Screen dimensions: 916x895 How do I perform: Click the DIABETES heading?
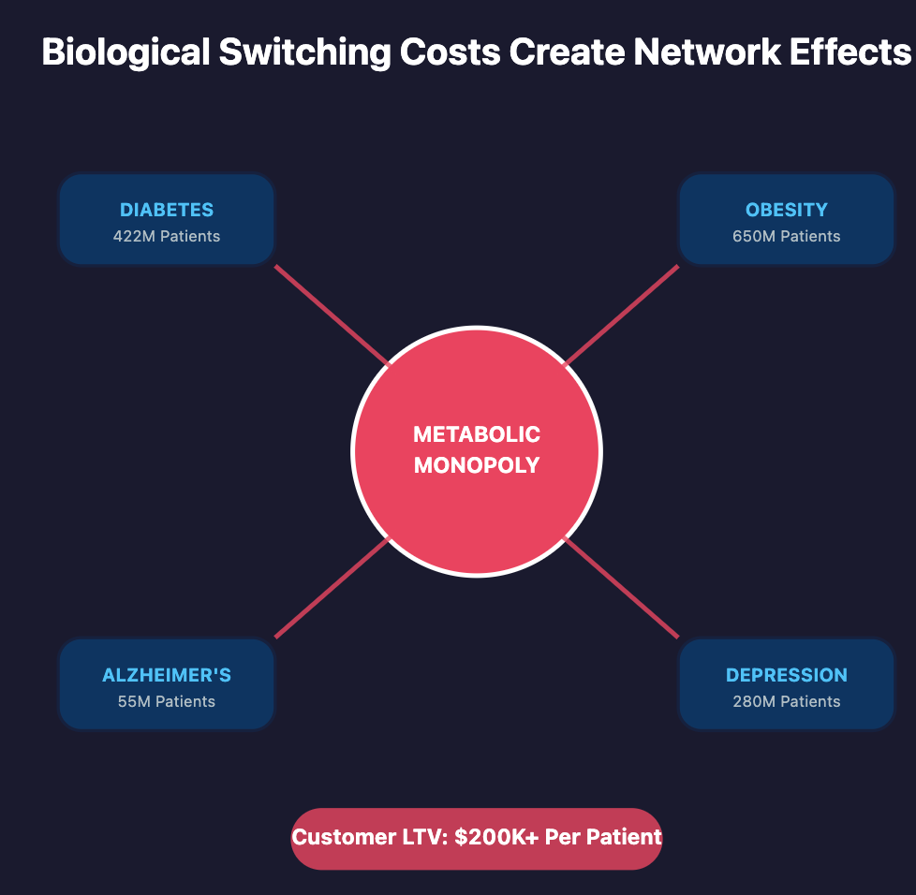pos(167,210)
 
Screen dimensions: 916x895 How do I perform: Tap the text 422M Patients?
pos(167,236)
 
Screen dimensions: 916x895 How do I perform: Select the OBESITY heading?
pos(787,210)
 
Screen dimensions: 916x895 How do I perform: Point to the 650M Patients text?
pos(787,236)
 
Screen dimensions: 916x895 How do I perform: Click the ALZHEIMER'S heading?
pos(167,675)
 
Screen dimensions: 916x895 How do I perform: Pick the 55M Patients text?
pos(167,701)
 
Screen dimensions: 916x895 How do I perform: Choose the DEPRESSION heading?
pos(787,675)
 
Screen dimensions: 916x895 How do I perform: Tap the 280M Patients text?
pos(787,701)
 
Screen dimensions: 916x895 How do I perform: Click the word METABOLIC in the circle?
pos(477,434)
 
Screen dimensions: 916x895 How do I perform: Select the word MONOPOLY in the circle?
pos(477,464)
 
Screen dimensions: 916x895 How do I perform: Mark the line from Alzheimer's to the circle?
pos(332,589)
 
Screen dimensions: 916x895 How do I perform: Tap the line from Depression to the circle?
pos(621,589)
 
